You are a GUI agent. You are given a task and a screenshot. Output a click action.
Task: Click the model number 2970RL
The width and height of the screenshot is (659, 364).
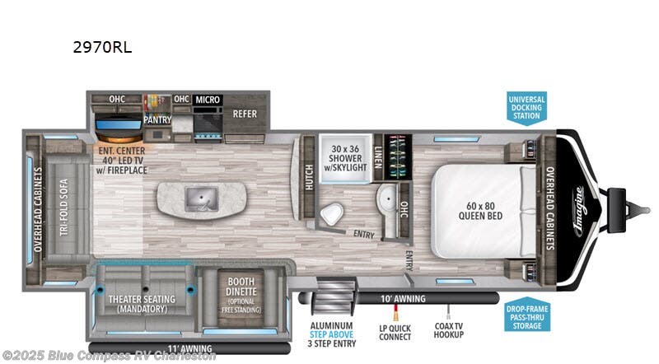tap(103, 48)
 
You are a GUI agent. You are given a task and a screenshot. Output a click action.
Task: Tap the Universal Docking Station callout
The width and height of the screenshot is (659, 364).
tap(526, 107)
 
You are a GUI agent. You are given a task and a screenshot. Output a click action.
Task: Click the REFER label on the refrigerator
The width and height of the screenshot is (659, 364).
tap(245, 114)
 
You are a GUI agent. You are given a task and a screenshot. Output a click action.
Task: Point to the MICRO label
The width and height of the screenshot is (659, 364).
tap(208, 100)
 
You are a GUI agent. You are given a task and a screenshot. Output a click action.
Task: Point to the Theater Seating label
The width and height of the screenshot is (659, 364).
tap(142, 304)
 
